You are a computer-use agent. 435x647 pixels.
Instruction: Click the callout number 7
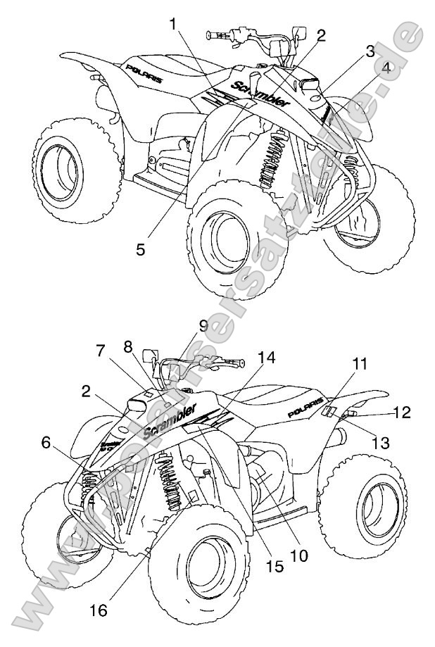pyautogui.click(x=101, y=349)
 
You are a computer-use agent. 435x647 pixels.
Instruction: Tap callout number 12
pyautogui.click(x=402, y=413)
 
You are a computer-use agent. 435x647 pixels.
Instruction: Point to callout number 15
pyautogui.click(x=275, y=565)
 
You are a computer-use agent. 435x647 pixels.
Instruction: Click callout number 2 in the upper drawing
pyautogui.click(x=321, y=37)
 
